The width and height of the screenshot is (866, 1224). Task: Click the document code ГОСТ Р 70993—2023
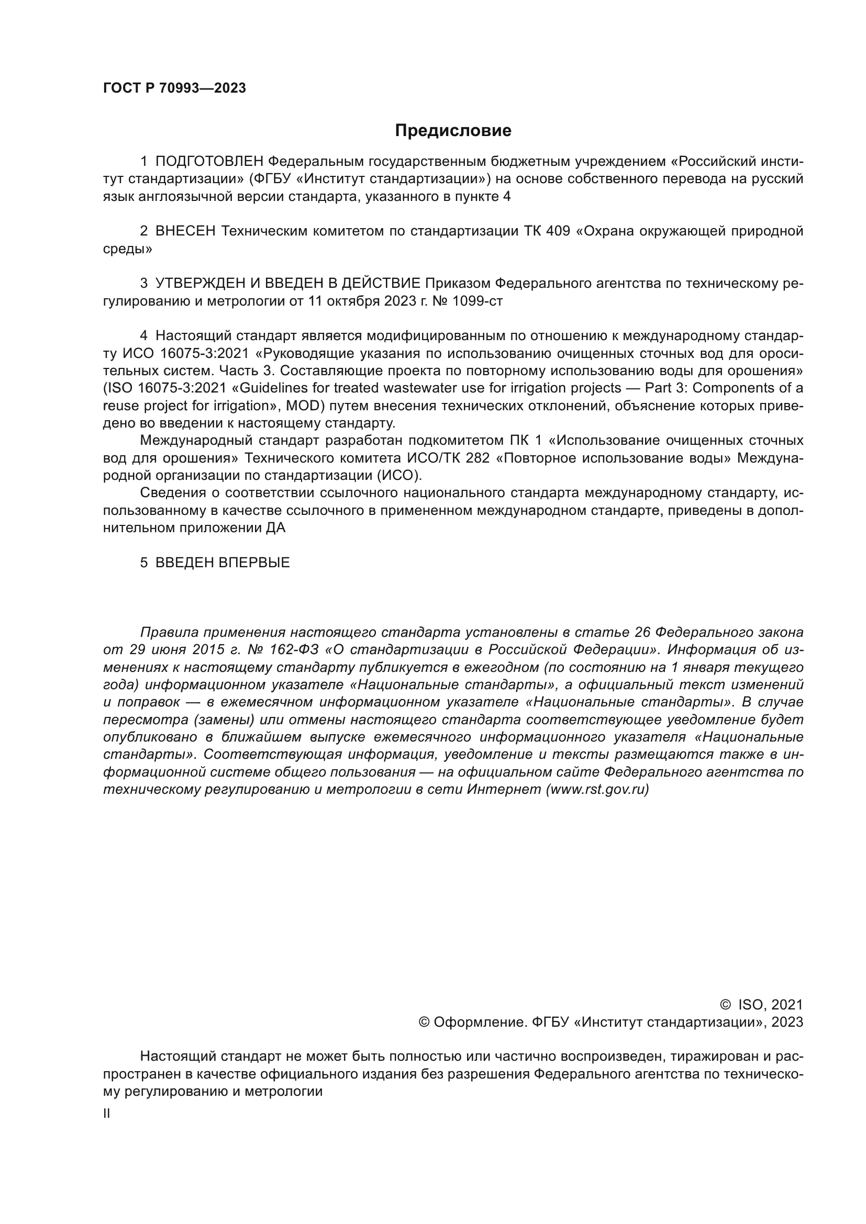click(174, 88)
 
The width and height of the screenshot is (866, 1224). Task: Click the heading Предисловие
click(453, 131)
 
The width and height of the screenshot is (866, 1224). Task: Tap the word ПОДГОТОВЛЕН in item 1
click(209, 162)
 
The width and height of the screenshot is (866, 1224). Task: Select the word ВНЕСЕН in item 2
click(185, 231)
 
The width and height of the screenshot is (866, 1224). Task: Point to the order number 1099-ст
click(478, 301)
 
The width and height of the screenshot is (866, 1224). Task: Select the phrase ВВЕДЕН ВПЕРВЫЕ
click(223, 563)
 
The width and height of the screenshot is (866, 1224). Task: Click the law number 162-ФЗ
click(293, 650)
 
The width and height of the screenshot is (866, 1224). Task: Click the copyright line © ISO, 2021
click(761, 1005)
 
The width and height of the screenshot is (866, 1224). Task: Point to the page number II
click(107, 1114)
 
